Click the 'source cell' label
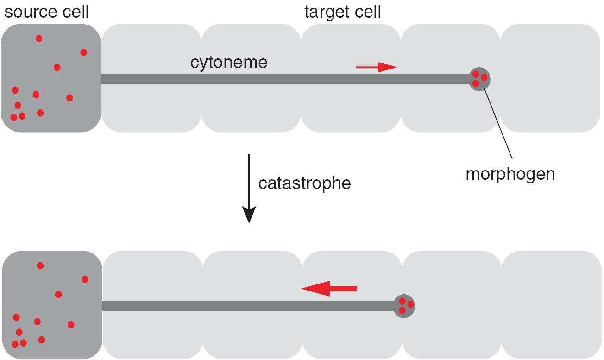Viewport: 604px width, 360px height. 46,12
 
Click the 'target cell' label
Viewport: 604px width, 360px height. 342,12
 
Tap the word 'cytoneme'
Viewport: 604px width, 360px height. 229,63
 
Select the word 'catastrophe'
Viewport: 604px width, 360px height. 304,183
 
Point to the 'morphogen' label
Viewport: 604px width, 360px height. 510,174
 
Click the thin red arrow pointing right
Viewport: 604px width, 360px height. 376,67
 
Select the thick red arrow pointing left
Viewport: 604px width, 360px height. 329,288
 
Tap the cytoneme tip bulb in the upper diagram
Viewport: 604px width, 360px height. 479,79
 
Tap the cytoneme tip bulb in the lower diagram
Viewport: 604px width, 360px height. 404,306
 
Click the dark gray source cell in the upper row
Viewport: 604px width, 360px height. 51,78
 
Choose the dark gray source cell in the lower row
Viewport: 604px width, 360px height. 52,305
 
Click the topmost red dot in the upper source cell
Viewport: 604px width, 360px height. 39,38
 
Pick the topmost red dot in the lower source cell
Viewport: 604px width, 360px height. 40,265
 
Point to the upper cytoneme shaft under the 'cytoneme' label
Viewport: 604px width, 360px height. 229,79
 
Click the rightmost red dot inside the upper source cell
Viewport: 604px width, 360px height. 83,52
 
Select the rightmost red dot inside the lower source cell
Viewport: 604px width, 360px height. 85,279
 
